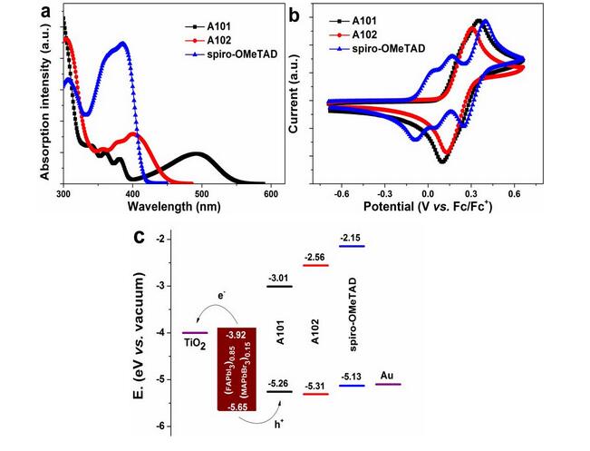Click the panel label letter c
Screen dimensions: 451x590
pos(140,238)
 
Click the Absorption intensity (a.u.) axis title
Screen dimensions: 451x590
pos(46,99)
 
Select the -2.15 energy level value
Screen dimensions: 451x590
pos(350,238)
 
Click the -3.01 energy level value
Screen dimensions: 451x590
pos(279,279)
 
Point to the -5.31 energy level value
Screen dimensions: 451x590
pos(315,387)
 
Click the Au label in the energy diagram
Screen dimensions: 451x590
pos(387,373)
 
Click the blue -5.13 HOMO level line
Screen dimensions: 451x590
pos(351,387)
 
